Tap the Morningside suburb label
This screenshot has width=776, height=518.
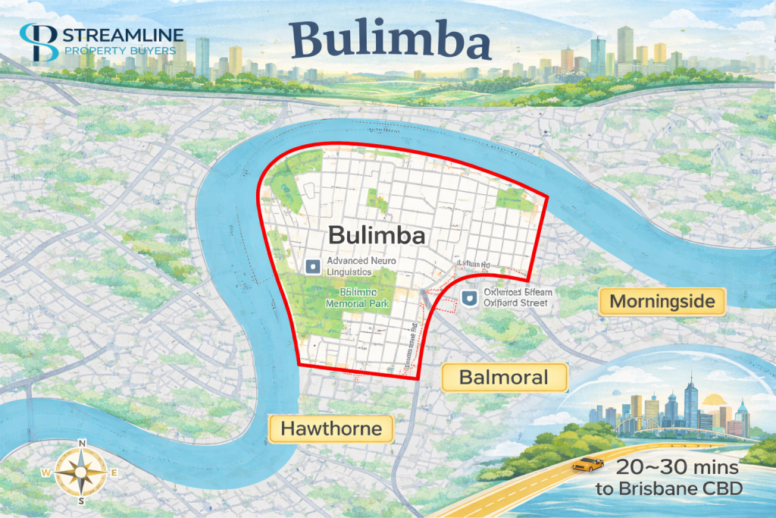tap(662, 302)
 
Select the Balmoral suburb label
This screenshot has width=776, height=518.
tap(504, 377)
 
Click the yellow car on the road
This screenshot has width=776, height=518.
tap(587, 463)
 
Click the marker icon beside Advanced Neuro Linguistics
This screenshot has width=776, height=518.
tap(311, 266)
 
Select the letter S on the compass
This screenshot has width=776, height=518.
tap(81, 503)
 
